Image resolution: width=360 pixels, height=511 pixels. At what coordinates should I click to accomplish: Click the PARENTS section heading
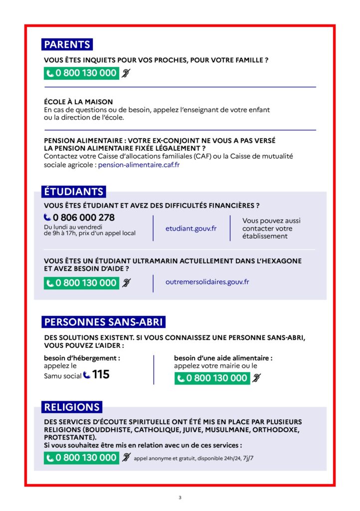67,44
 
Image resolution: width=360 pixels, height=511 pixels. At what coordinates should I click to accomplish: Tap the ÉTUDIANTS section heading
73,192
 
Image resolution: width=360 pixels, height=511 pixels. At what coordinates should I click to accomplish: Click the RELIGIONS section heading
72,407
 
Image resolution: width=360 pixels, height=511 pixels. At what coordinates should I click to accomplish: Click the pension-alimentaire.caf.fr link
139,165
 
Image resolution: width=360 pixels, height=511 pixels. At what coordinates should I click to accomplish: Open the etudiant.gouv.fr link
191,229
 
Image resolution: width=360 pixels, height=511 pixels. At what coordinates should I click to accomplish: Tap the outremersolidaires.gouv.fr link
207,282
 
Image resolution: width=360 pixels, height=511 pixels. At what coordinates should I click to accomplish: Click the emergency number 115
101,374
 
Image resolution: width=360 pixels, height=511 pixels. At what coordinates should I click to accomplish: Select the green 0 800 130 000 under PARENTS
81,73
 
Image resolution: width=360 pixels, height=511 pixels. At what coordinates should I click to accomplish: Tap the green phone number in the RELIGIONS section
81,458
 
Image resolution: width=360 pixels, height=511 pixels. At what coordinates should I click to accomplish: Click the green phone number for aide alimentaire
212,378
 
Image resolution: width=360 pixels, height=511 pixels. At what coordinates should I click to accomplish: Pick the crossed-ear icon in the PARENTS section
126,73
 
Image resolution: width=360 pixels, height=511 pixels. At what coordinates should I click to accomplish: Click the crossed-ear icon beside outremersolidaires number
126,283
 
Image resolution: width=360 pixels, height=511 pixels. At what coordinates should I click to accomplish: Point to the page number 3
180,498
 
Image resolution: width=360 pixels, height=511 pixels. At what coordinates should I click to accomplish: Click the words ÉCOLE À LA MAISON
78,102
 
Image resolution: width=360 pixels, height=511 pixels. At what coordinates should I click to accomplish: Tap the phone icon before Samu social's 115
87,375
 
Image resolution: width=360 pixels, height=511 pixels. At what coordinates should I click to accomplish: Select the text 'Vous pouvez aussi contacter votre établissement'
271,228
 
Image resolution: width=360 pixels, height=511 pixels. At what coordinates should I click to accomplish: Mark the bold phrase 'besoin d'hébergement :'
82,358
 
